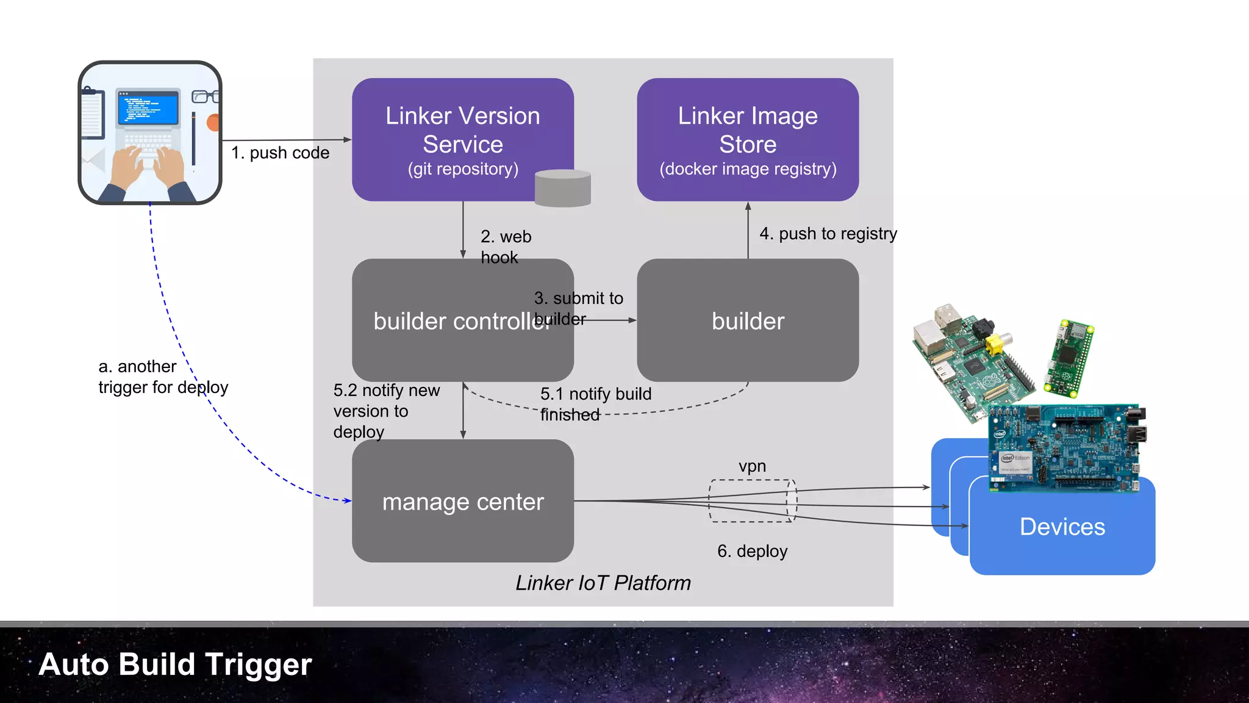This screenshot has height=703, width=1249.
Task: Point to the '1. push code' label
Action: pyautogui.click(x=280, y=153)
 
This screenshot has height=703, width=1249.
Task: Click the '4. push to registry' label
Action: pyautogui.click(x=828, y=234)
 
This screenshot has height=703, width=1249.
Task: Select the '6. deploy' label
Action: pyautogui.click(x=752, y=551)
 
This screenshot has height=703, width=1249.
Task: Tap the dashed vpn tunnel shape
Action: pyautogui.click(x=753, y=501)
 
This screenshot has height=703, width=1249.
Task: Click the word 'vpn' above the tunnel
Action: pyautogui.click(x=752, y=466)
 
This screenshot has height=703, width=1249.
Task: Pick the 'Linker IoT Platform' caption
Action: pyautogui.click(x=603, y=583)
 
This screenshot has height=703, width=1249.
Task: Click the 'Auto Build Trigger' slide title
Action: pyautogui.click(x=175, y=664)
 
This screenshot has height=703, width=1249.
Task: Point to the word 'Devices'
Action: pyautogui.click(x=1062, y=527)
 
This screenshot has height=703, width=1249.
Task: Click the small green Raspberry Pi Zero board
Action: pyautogui.click(x=1070, y=358)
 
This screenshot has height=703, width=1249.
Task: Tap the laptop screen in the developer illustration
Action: pyautogui.click(x=149, y=108)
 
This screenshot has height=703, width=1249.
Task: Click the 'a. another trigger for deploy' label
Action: pyautogui.click(x=163, y=377)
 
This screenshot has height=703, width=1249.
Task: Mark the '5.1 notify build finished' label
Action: pyautogui.click(x=595, y=404)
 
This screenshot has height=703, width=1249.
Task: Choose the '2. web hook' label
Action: pyautogui.click(x=506, y=247)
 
